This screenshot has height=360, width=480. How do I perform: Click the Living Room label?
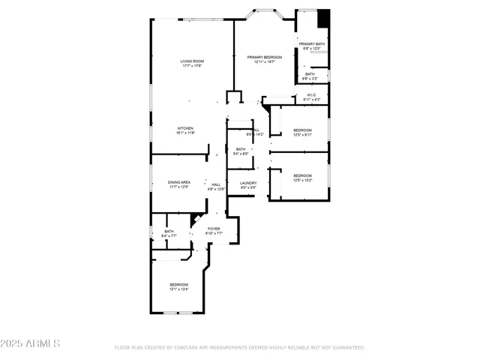tap(192, 61)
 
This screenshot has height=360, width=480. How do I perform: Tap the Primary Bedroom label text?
tap(265, 57)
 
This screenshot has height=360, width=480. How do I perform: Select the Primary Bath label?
tap(311, 45)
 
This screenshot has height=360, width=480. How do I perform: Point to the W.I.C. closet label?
tap(312, 95)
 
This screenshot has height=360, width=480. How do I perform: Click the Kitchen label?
tap(186, 128)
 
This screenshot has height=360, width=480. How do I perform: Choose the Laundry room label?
tap(248, 183)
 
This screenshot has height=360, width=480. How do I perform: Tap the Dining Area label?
tap(178, 182)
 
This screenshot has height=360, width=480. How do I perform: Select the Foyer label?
tap(214, 229)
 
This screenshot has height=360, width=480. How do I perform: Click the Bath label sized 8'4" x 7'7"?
tap(169, 231)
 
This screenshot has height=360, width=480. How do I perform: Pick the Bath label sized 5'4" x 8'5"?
tap(241, 149)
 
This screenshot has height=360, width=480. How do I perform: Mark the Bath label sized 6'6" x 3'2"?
tap(310, 73)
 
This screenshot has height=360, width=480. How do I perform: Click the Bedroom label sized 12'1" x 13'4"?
tap(178, 284)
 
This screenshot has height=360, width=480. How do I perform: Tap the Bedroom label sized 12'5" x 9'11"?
tap(302, 130)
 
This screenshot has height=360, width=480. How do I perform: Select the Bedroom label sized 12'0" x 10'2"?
tap(302, 175)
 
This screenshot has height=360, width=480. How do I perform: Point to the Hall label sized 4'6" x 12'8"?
tap(216, 184)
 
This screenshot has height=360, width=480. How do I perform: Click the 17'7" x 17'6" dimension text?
tap(192, 66)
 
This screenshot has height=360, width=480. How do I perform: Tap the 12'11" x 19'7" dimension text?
tap(265, 61)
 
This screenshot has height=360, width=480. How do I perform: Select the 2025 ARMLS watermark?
tap(31, 343)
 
